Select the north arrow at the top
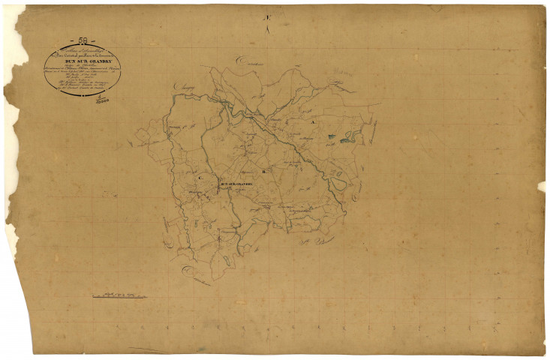pos(267,26)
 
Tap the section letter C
pos(200,178)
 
